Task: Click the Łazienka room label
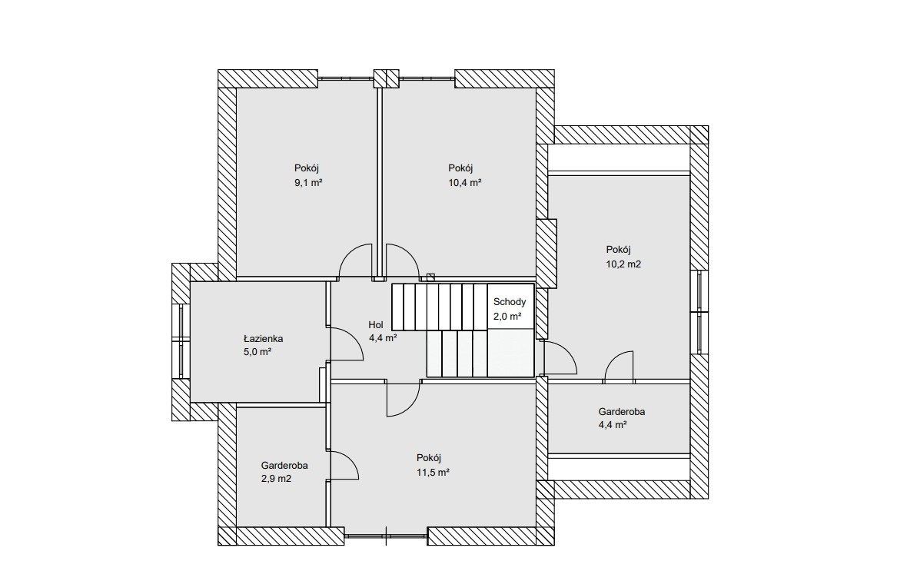(x=263, y=339)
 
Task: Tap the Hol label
(x=375, y=325)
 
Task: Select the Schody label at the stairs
(x=509, y=302)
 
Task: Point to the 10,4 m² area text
(x=464, y=183)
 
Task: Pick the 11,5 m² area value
(x=433, y=473)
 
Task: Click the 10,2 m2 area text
(x=623, y=264)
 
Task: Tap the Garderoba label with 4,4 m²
(x=622, y=411)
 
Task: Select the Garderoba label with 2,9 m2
(x=284, y=466)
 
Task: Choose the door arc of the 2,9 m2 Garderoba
(x=350, y=459)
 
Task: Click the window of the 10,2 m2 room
(x=699, y=312)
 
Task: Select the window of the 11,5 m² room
(x=386, y=536)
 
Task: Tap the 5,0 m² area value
(x=257, y=352)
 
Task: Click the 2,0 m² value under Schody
(x=507, y=316)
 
